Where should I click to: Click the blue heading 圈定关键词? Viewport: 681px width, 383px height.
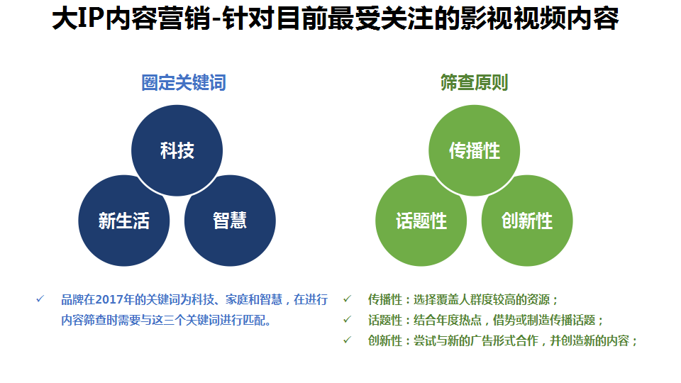(x=184, y=82)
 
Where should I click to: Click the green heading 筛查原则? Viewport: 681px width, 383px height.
(x=475, y=82)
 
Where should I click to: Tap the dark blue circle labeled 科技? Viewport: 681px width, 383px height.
(x=177, y=150)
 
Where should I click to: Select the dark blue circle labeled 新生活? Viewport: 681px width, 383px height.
(x=123, y=221)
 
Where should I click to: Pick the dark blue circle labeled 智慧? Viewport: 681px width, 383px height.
(x=230, y=221)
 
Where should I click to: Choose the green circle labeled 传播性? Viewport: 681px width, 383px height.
(x=475, y=150)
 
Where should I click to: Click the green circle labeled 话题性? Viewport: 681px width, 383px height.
(x=421, y=221)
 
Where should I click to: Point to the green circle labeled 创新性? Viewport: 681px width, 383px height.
(x=527, y=221)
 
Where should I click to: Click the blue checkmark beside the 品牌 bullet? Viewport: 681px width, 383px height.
(x=40, y=299)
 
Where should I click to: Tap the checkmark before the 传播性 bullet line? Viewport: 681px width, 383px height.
(x=348, y=299)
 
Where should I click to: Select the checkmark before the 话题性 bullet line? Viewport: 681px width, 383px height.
(x=348, y=320)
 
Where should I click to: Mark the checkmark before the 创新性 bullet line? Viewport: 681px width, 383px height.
(x=348, y=340)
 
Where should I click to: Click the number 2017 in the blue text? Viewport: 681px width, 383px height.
(x=109, y=299)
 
